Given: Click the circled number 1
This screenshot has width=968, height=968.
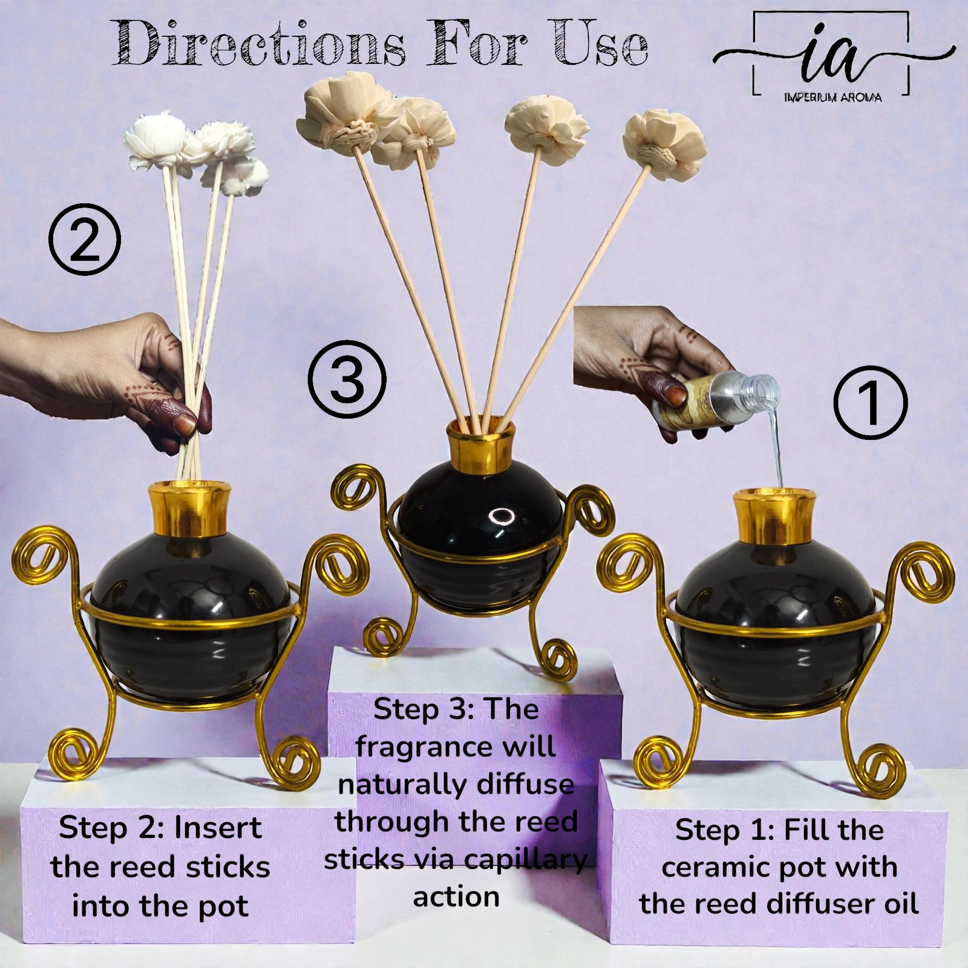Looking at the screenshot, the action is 871,402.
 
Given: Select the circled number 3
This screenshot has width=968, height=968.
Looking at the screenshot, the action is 347,380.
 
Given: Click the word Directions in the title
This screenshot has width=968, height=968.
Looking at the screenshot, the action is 260,44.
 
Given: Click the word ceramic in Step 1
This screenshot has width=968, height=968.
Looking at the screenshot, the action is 719,868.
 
